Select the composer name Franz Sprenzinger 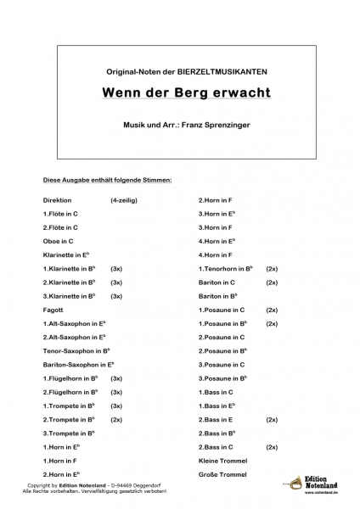pyautogui.click(x=217, y=124)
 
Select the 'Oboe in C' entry pyautogui.click(x=59, y=241)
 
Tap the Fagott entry pyautogui.click(x=53, y=310)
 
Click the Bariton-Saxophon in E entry pyautogui.click(x=79, y=364)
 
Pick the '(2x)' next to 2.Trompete pyautogui.click(x=116, y=419)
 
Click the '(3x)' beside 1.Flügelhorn pyautogui.click(x=116, y=378)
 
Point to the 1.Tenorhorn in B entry pyautogui.click(x=228, y=268)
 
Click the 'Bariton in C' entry pyautogui.click(x=217, y=282)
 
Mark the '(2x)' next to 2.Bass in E pyautogui.click(x=272, y=419)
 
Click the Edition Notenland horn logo pyautogui.click(x=294, y=486)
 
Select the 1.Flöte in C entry pyautogui.click(x=60, y=214)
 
